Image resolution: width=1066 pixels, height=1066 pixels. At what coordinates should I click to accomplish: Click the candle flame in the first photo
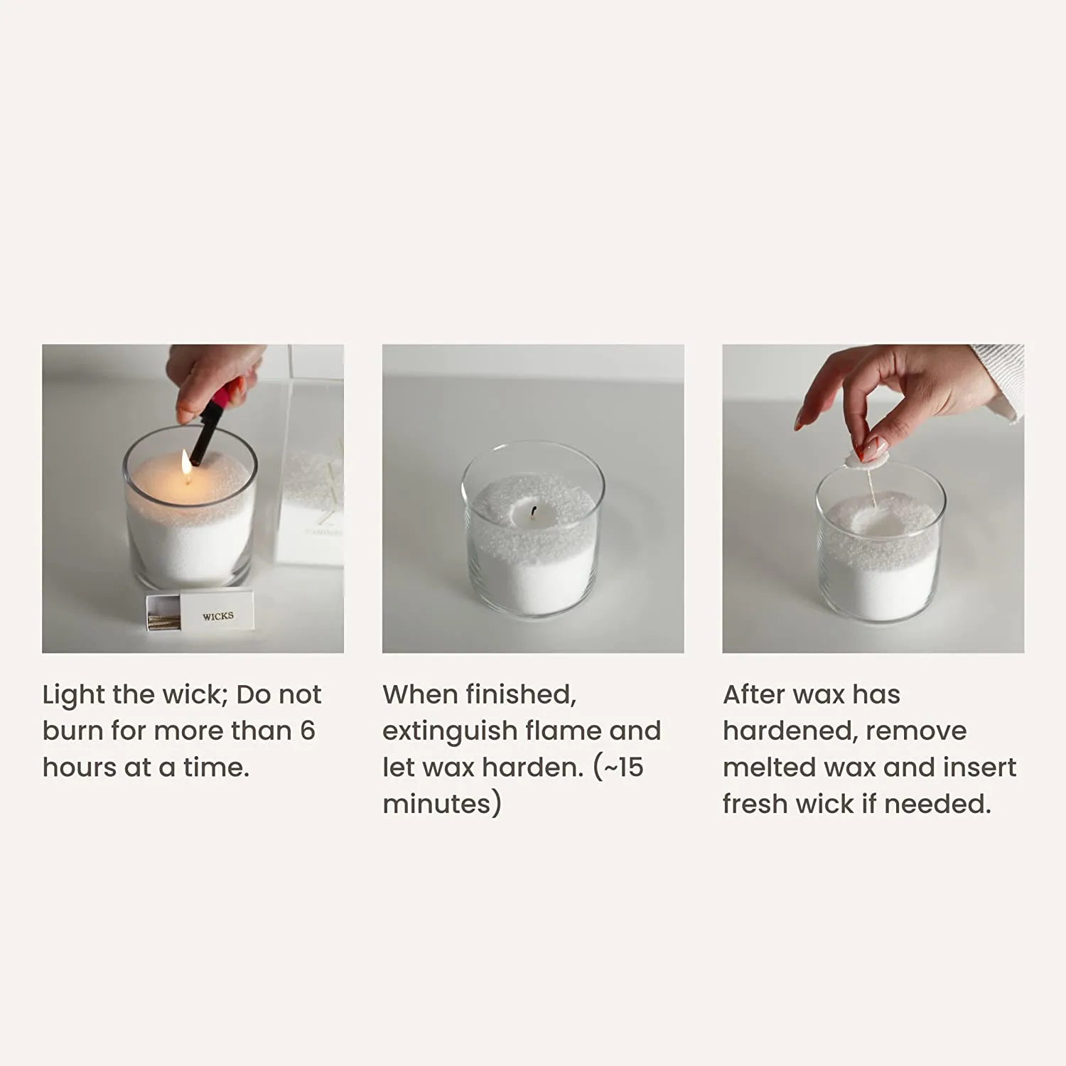click(186, 463)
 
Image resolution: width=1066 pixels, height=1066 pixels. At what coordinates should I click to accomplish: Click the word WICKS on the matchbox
click(217, 616)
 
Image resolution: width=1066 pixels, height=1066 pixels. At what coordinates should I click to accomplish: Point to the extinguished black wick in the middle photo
click(533, 512)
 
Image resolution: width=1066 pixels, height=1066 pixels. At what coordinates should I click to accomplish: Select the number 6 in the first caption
click(307, 731)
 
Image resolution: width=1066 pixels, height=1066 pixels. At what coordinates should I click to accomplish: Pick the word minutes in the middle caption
click(436, 804)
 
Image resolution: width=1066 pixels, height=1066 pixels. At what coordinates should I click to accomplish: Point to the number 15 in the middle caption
click(630, 768)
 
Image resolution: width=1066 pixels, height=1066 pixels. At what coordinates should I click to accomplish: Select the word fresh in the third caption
click(755, 804)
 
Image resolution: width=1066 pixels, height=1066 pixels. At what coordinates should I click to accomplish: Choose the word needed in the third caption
click(937, 804)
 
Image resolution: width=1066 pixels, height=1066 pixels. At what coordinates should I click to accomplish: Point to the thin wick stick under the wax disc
click(870, 487)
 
